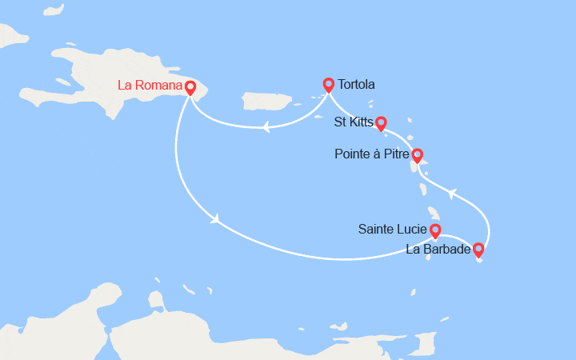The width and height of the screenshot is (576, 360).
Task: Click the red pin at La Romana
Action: pyautogui.click(x=190, y=86)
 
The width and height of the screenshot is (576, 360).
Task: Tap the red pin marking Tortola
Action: pyautogui.click(x=328, y=83)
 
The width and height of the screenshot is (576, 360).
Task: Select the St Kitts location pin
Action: pyautogui.click(x=381, y=122)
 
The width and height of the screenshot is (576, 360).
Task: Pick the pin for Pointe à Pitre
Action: pyautogui.click(x=416, y=154)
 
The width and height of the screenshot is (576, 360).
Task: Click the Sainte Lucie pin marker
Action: pyautogui.click(x=434, y=230)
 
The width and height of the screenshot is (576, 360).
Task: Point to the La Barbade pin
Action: pyautogui.click(x=478, y=249)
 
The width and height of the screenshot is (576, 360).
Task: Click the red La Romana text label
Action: pyautogui.click(x=150, y=84)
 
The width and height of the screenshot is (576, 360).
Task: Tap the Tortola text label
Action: pyautogui.click(x=356, y=84)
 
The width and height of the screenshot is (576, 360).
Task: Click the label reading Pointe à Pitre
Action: pyautogui.click(x=371, y=154)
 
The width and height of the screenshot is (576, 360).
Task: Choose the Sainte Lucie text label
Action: pyautogui.click(x=392, y=230)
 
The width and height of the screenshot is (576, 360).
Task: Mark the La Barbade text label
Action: pyautogui.click(x=438, y=250)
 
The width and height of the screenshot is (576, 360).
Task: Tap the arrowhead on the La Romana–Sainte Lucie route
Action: pyautogui.click(x=215, y=219)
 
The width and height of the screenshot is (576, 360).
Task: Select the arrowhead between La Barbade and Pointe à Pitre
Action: pyautogui.click(x=452, y=193)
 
